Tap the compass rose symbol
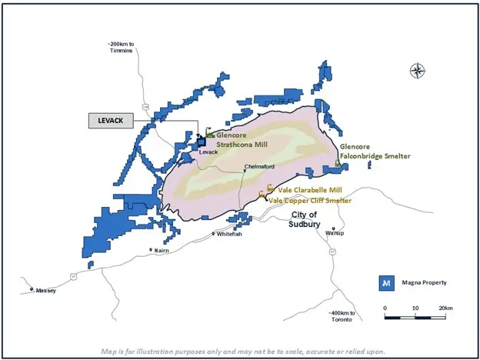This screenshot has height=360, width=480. point(418,72)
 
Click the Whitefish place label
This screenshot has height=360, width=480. point(230,233)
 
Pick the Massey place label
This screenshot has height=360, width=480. point(45,291)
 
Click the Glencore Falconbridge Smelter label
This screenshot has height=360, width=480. point(375,151)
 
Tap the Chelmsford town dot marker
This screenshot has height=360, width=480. point(245,171)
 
